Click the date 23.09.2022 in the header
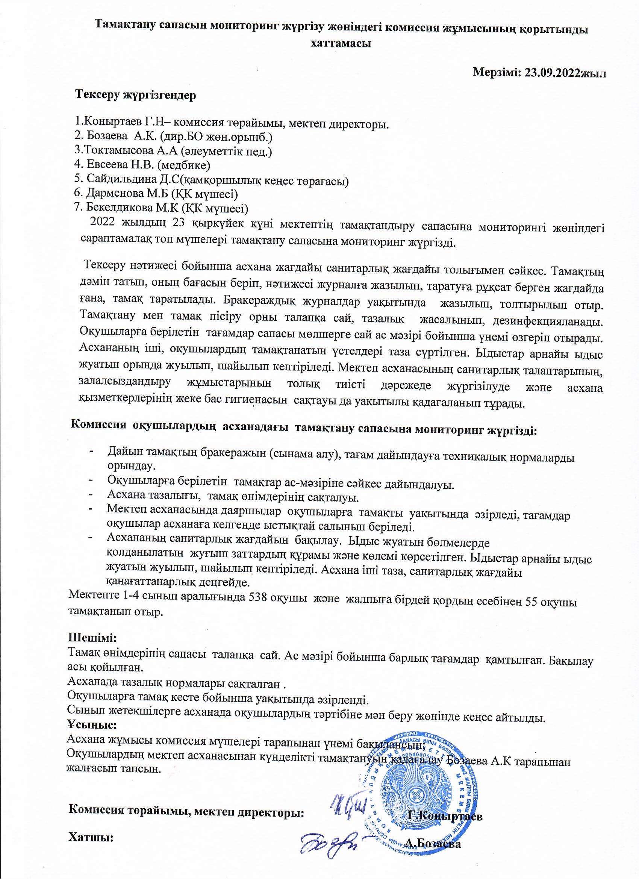pyautogui.click(x=551, y=73)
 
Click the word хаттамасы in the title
pyautogui.click(x=341, y=43)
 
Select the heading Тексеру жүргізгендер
pyautogui.click(x=136, y=95)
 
